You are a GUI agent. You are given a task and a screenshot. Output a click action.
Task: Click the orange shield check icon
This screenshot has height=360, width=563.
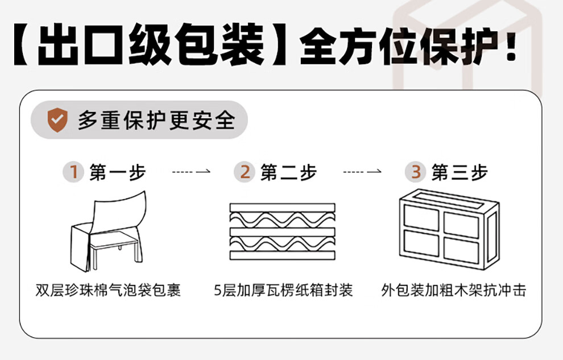[x=57, y=121]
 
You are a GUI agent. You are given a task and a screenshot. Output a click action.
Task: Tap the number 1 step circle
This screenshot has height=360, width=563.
[x=73, y=172]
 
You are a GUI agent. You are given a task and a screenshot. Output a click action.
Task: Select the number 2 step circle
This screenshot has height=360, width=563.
[x=245, y=172]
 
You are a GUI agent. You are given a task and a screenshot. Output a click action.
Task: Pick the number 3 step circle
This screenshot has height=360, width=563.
[x=416, y=172]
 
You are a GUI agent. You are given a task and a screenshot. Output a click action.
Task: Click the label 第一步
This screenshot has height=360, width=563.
[x=118, y=172]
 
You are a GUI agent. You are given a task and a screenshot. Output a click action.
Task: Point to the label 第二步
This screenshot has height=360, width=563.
[x=289, y=172]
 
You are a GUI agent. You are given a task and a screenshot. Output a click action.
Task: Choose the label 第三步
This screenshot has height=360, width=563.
[x=459, y=172]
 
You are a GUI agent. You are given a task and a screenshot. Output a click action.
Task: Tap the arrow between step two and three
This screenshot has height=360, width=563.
[x=362, y=171]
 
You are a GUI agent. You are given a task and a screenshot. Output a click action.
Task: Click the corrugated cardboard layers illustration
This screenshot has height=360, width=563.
[x=283, y=232]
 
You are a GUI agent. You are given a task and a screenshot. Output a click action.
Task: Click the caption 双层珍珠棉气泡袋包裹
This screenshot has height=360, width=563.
[x=108, y=291]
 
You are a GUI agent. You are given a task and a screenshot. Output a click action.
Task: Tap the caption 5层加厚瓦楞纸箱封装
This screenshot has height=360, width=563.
[x=283, y=291]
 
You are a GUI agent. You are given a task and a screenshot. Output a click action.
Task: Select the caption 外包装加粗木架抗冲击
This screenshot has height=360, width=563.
[x=454, y=291]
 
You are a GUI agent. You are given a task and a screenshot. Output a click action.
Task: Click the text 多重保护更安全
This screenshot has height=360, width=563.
[x=156, y=121]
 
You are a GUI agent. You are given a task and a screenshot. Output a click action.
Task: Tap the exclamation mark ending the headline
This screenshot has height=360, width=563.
[x=511, y=44]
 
